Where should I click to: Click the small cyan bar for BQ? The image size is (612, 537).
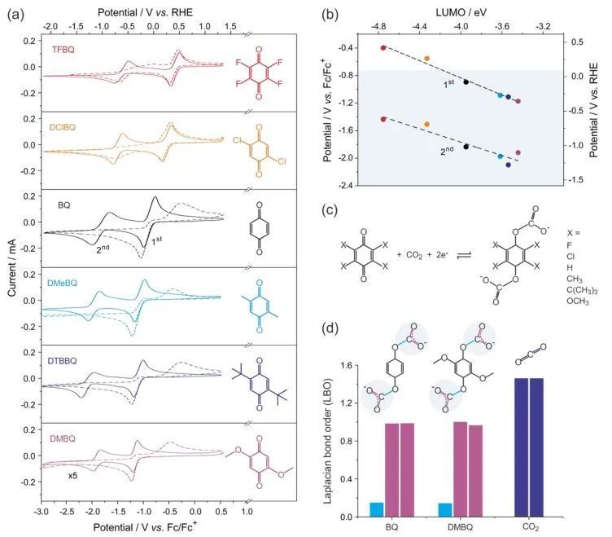[376, 509]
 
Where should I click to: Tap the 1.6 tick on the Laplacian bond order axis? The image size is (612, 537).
[355, 366]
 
